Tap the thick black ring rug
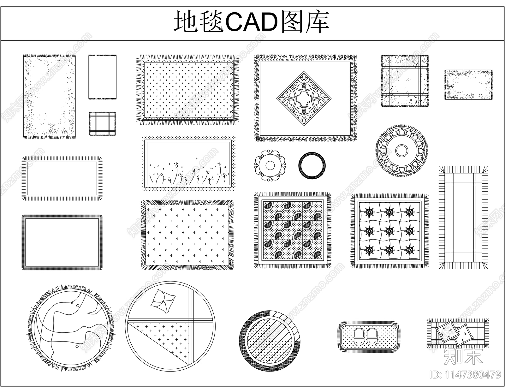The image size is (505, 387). pos(312,165)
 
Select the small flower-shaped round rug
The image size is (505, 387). pos(270,165)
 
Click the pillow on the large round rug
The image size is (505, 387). pos(163,299)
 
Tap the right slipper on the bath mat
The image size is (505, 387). pos(372,337)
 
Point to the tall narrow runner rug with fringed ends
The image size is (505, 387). pos(463,218)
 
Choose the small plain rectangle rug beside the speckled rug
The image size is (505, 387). pos(103,77)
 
